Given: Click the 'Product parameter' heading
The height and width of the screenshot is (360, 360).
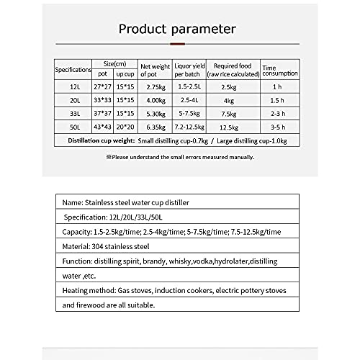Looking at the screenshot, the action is (176, 30).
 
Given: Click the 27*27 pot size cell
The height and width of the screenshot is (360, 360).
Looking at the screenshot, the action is (103, 87).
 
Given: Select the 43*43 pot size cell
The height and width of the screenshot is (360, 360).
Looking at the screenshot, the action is (103, 126).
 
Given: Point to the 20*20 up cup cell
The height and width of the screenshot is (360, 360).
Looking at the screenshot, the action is (125, 126).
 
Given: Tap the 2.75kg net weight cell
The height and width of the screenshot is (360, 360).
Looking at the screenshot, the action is (156, 87).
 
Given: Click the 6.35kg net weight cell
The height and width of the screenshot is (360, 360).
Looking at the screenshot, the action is (156, 126).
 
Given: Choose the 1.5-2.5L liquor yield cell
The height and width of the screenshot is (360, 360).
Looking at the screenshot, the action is (189, 87).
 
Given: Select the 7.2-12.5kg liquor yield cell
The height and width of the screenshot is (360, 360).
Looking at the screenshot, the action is (189, 126).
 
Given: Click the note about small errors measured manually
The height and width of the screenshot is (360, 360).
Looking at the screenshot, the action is (179, 156).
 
